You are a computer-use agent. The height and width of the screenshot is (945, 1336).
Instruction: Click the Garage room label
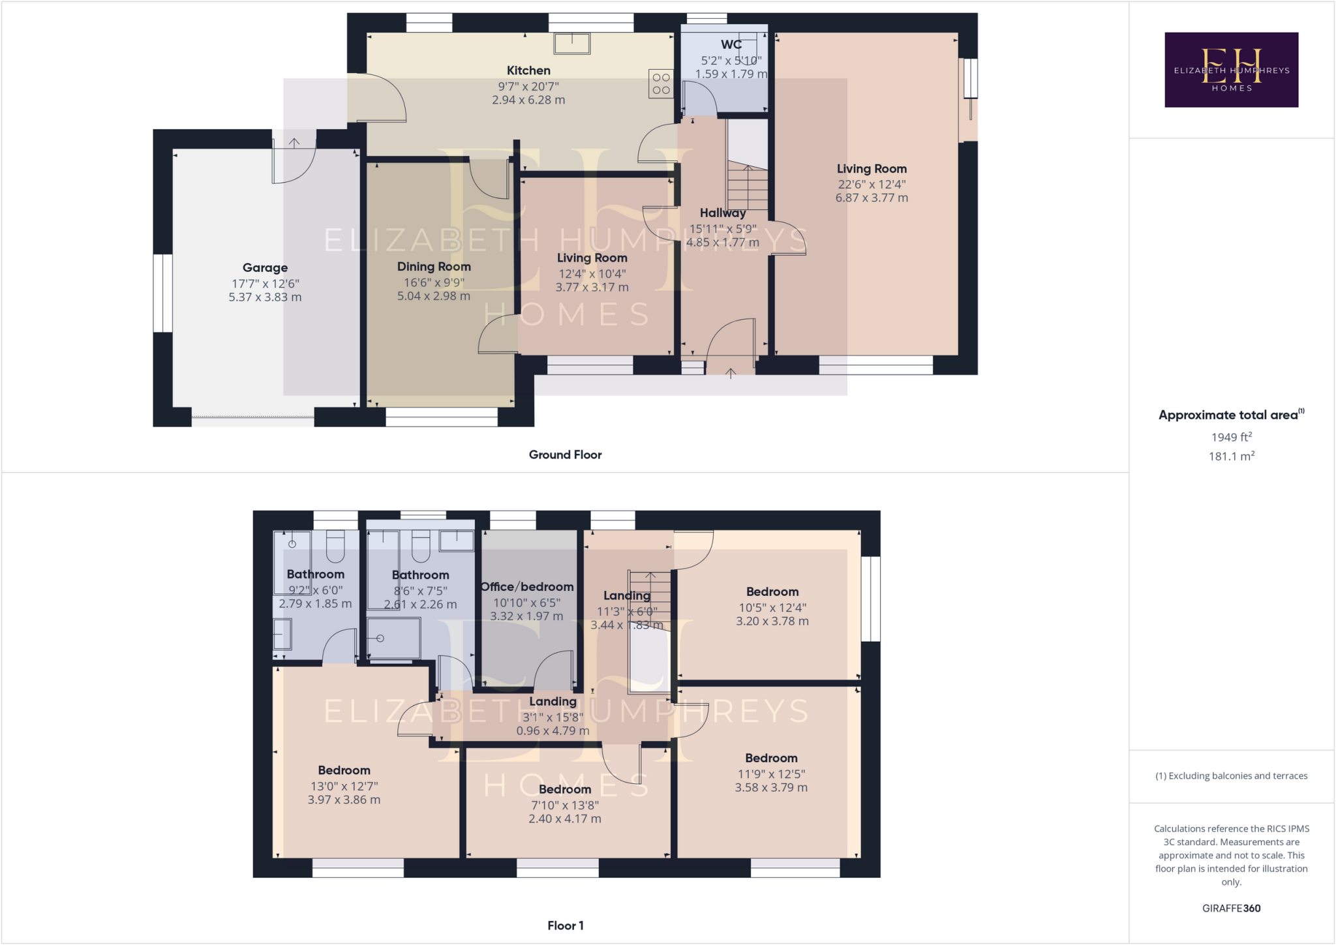click(265, 267)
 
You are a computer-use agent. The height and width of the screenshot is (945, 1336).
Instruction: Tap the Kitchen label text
click(528, 70)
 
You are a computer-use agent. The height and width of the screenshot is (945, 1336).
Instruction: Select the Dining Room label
click(434, 267)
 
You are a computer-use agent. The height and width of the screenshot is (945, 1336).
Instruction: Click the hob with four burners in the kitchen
click(661, 84)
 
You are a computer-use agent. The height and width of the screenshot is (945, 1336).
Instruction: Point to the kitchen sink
click(572, 44)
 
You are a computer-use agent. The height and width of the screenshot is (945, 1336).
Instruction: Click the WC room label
click(731, 44)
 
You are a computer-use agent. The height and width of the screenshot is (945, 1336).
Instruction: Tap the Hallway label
click(722, 213)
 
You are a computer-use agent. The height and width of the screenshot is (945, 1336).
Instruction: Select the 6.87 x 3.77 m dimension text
click(872, 198)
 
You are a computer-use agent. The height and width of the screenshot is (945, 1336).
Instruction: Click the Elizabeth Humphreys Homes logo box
click(1231, 70)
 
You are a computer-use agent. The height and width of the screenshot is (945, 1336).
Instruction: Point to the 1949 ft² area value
click(1231, 437)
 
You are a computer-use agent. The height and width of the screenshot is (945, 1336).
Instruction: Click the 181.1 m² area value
click(1231, 456)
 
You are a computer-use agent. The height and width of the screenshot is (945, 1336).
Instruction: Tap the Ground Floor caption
click(565, 455)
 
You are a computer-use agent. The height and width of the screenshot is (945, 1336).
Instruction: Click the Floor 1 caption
click(565, 925)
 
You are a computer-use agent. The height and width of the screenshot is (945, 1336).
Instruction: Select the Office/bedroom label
click(527, 587)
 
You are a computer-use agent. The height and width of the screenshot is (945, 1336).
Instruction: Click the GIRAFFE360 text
click(1231, 908)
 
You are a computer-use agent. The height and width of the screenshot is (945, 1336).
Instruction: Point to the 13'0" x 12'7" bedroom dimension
click(344, 787)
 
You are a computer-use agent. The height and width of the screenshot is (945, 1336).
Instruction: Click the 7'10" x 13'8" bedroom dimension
click(565, 805)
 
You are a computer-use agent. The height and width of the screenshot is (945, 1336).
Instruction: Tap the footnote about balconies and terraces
click(1231, 776)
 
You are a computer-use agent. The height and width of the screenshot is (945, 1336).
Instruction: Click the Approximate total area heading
click(1228, 415)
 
